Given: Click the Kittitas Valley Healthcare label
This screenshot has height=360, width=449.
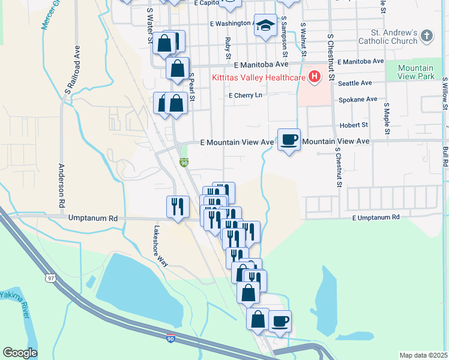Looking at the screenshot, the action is [258, 77].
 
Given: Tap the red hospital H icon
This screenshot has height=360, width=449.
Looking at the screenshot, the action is [313, 77].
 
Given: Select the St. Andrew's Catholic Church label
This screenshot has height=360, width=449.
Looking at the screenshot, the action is [387, 37].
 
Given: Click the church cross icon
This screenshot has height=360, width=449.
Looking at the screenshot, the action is [427, 36].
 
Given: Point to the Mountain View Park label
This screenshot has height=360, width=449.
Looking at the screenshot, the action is [415, 73].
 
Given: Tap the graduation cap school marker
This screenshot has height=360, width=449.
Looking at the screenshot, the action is [265, 25].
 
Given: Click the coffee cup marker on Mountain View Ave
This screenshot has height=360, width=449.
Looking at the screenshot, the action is [289, 139].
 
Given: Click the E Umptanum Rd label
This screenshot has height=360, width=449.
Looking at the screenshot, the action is [375, 217].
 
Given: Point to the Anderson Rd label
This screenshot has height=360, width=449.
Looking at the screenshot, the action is [62, 187].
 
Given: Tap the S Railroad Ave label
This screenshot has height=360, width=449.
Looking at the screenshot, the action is [73, 69].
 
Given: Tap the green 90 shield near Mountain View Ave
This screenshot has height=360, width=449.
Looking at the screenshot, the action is [184, 163].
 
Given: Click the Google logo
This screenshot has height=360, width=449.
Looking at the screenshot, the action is [20, 353].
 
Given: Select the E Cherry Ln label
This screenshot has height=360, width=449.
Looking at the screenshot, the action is [246, 95].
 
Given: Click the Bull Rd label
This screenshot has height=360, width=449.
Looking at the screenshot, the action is [445, 155].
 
